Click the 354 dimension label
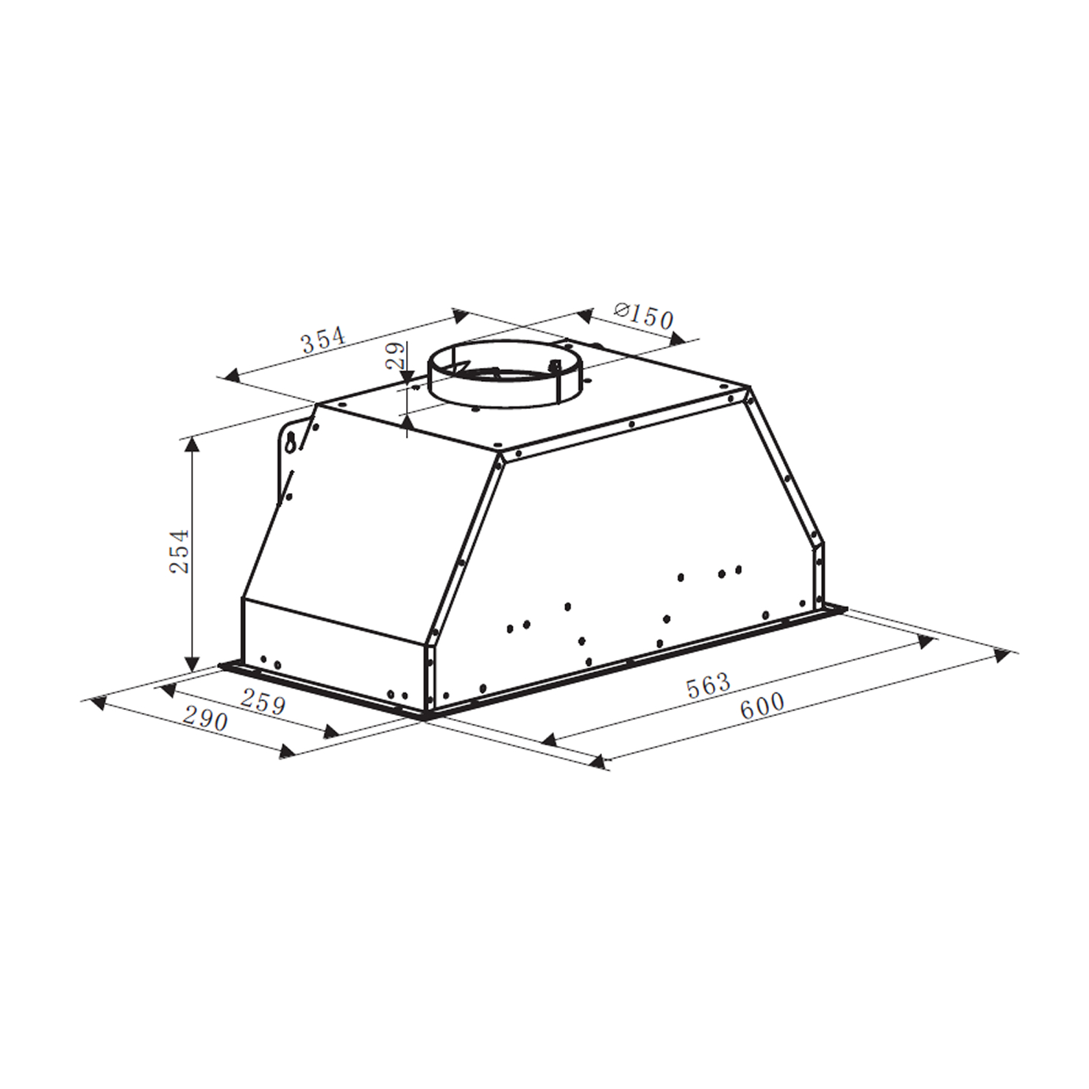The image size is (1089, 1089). (323, 340)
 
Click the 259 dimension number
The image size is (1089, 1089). (263, 703)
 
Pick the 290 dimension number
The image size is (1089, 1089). (205, 718)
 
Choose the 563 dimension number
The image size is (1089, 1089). (708, 686)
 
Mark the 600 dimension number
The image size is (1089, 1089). (762, 706)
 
